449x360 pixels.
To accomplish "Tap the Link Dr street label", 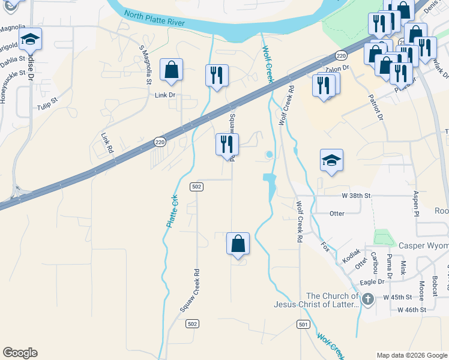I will (x=164, y=95).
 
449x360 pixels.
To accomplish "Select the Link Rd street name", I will (x=107, y=143).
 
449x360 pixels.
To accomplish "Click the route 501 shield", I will (x=303, y=325).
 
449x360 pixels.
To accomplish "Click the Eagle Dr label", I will (x=372, y=281).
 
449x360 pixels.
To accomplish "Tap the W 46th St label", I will (x=411, y=310).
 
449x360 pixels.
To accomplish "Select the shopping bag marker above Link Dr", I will (x=171, y=70).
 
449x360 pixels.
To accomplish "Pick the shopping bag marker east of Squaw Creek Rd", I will (x=238, y=244).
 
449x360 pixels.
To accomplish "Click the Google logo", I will (x=20, y=353).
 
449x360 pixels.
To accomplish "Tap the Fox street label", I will (x=325, y=246).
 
